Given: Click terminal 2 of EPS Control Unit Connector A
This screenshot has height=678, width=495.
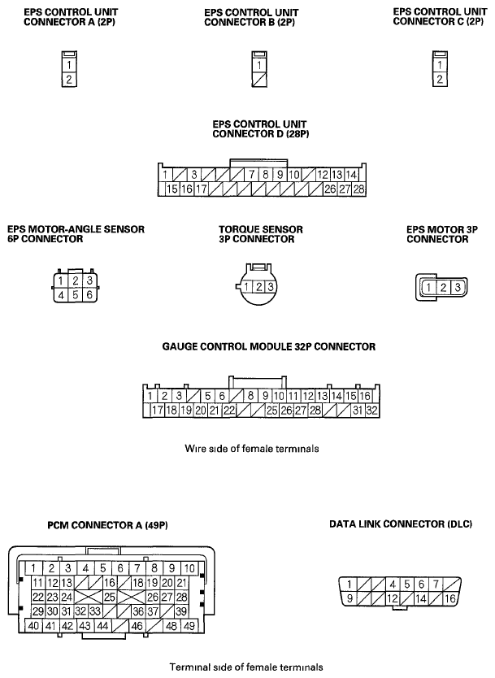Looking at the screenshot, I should [x=71, y=80].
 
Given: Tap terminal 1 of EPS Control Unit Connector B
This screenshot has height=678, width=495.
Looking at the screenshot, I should [x=258, y=65].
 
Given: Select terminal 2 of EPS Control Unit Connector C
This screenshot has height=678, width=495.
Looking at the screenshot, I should [x=440, y=80].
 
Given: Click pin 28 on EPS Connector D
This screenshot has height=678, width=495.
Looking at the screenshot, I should [x=358, y=189].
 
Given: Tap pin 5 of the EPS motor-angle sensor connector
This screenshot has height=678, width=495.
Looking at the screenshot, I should [x=76, y=295].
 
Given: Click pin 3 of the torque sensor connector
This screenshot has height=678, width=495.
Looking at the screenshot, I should [x=271, y=287].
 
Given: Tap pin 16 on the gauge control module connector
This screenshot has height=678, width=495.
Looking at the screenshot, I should [x=366, y=396].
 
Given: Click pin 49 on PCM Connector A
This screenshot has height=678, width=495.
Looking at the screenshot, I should [x=189, y=626].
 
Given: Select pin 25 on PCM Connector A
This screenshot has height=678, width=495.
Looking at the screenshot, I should [x=109, y=597].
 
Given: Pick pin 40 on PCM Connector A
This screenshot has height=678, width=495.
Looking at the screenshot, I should [x=33, y=626].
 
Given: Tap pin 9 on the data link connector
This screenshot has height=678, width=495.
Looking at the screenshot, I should [x=350, y=598].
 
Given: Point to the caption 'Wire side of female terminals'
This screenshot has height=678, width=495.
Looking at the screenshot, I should [x=250, y=449].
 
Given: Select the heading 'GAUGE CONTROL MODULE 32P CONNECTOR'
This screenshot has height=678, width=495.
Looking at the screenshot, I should [x=269, y=346].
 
